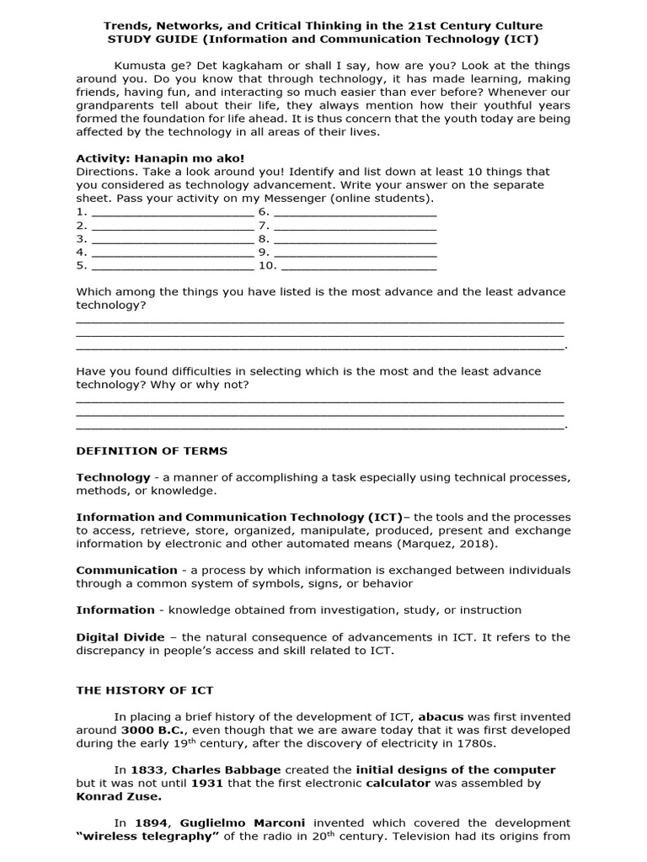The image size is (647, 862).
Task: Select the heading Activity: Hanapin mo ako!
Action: click(160, 158)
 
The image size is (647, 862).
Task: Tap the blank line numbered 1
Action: click(172, 212)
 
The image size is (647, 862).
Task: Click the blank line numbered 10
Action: click(358, 266)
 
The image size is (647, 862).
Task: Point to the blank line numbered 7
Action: click(355, 226)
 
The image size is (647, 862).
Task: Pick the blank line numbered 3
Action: click(172, 239)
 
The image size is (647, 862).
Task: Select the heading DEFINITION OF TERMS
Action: click(152, 451)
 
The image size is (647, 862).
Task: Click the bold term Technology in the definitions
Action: click(113, 477)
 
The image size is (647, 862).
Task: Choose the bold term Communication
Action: click(126, 571)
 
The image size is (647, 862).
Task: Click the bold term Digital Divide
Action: click(120, 637)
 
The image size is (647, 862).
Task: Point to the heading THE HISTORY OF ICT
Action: click(145, 690)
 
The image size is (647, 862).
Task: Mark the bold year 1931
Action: click(206, 783)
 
